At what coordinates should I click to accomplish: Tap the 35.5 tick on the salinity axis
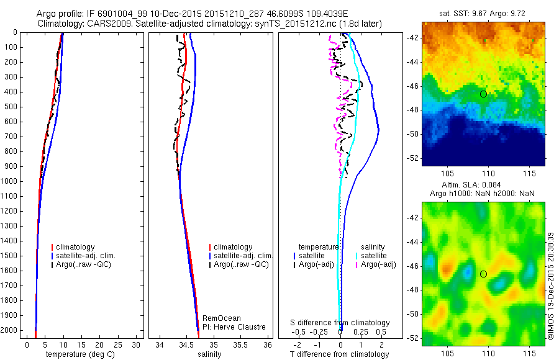point(240,344)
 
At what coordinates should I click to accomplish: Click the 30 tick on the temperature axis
point(137,344)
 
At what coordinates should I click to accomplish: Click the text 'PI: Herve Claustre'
point(234,327)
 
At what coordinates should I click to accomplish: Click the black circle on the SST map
point(483,94)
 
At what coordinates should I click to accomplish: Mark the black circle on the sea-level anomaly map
point(483,274)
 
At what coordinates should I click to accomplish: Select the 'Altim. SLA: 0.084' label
point(483,185)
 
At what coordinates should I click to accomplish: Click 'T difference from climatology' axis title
point(339,354)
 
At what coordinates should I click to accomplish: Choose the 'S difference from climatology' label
point(340,323)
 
